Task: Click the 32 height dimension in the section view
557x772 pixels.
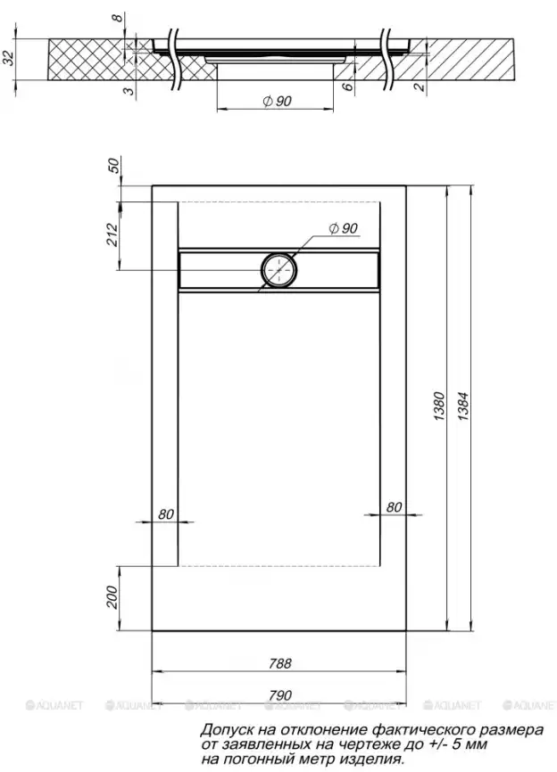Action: tap(8, 58)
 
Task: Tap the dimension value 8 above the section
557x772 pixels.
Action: tap(117, 18)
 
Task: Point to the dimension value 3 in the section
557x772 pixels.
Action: tap(128, 91)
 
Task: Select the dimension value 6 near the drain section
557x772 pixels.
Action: tap(347, 86)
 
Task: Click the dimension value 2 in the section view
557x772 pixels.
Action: tap(420, 86)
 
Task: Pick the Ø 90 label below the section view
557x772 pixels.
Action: tap(277, 102)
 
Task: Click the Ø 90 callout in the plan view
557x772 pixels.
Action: tap(343, 228)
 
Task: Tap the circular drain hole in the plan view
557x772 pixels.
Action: tap(279, 270)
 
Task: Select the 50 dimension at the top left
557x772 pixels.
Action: tap(113, 166)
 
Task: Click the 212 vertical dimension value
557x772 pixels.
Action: tap(112, 234)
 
